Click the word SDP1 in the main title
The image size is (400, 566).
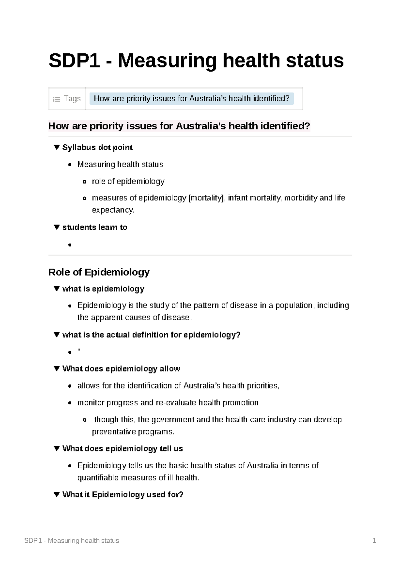74,61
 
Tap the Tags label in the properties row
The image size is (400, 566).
72,99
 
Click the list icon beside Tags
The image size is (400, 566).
57,99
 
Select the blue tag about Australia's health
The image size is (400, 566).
191,99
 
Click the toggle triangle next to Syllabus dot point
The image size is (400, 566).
57,147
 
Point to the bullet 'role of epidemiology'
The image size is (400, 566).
128,181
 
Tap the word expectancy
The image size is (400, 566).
113,210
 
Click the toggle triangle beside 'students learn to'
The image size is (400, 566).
57,227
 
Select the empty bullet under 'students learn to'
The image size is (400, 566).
70,245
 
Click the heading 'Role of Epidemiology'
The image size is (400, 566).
99,272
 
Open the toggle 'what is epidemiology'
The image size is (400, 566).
103,289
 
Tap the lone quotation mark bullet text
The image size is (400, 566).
79,351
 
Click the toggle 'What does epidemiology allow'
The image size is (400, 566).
121,369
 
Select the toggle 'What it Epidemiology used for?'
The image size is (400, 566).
123,495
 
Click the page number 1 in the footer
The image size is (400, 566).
374,540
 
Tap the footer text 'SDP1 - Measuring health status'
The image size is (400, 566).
72,540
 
